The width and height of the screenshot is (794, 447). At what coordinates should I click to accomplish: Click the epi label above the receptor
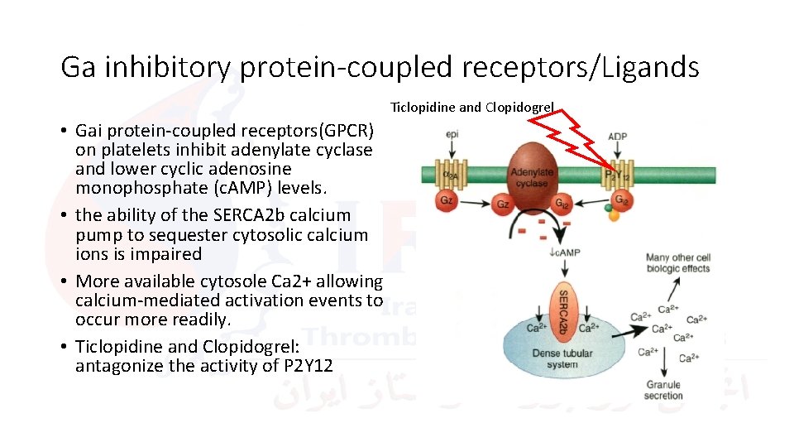[452, 134]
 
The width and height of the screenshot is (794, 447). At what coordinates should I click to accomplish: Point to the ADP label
[617, 136]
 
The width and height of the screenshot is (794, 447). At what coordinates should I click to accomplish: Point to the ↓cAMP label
[564, 252]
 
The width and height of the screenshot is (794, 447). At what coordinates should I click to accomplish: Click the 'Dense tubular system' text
[562, 358]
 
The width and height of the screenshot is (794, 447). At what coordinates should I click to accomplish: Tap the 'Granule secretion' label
[663, 390]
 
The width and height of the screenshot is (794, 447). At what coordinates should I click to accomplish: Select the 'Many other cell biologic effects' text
[678, 262]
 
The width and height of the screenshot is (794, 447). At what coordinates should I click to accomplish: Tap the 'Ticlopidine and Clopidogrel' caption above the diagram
[472, 108]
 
